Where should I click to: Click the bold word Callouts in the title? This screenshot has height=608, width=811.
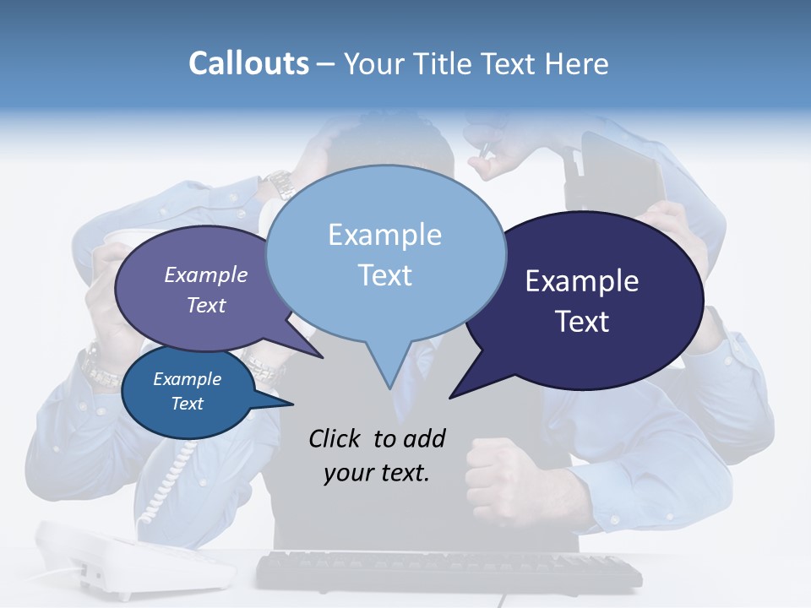pos(248,63)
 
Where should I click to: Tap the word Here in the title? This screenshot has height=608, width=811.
pos(575,63)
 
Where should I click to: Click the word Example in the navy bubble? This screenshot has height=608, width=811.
pos(582,281)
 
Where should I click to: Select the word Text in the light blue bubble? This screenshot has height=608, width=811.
pos(385,275)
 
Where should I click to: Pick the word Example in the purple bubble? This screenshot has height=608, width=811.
pos(205,274)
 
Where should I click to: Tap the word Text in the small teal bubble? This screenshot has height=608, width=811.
pos(187,404)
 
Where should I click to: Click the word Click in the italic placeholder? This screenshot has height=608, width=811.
pos(336,438)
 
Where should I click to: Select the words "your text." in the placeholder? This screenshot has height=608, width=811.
pos(377,473)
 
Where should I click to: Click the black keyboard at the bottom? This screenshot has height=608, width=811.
pos(448,571)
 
